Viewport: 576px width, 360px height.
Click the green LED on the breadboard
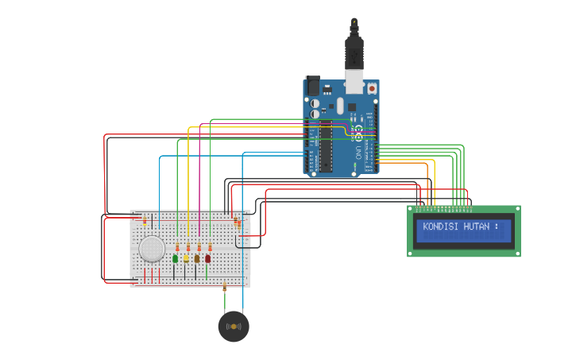(175, 258)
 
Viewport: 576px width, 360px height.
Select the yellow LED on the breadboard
(186, 258)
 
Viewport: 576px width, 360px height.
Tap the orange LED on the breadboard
(197, 258)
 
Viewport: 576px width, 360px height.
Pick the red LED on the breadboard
(208, 258)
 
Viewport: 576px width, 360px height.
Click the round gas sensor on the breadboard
(152, 249)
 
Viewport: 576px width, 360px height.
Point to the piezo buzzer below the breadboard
(234, 327)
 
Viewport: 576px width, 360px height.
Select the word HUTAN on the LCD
(476, 226)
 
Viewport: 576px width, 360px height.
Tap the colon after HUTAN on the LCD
(497, 226)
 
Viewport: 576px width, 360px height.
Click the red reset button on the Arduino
(372, 88)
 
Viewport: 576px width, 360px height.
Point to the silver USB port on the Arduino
(354, 82)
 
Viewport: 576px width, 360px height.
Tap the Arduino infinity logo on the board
(358, 128)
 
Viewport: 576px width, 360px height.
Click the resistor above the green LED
(177, 247)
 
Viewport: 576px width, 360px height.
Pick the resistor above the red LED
(210, 247)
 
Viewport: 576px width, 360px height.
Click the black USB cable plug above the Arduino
(354, 52)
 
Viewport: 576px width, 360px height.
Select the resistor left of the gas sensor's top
(144, 220)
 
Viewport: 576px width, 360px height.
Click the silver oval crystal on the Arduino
(340, 106)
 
